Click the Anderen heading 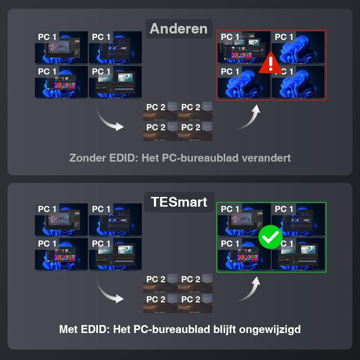click(x=179, y=29)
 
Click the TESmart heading click(x=179, y=202)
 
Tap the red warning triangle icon click(x=271, y=63)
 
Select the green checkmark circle click(x=270, y=237)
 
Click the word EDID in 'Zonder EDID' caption click(x=123, y=158)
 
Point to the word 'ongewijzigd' click(x=270, y=330)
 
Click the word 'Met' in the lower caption click(x=68, y=329)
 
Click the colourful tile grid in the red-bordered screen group click(x=242, y=55)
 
